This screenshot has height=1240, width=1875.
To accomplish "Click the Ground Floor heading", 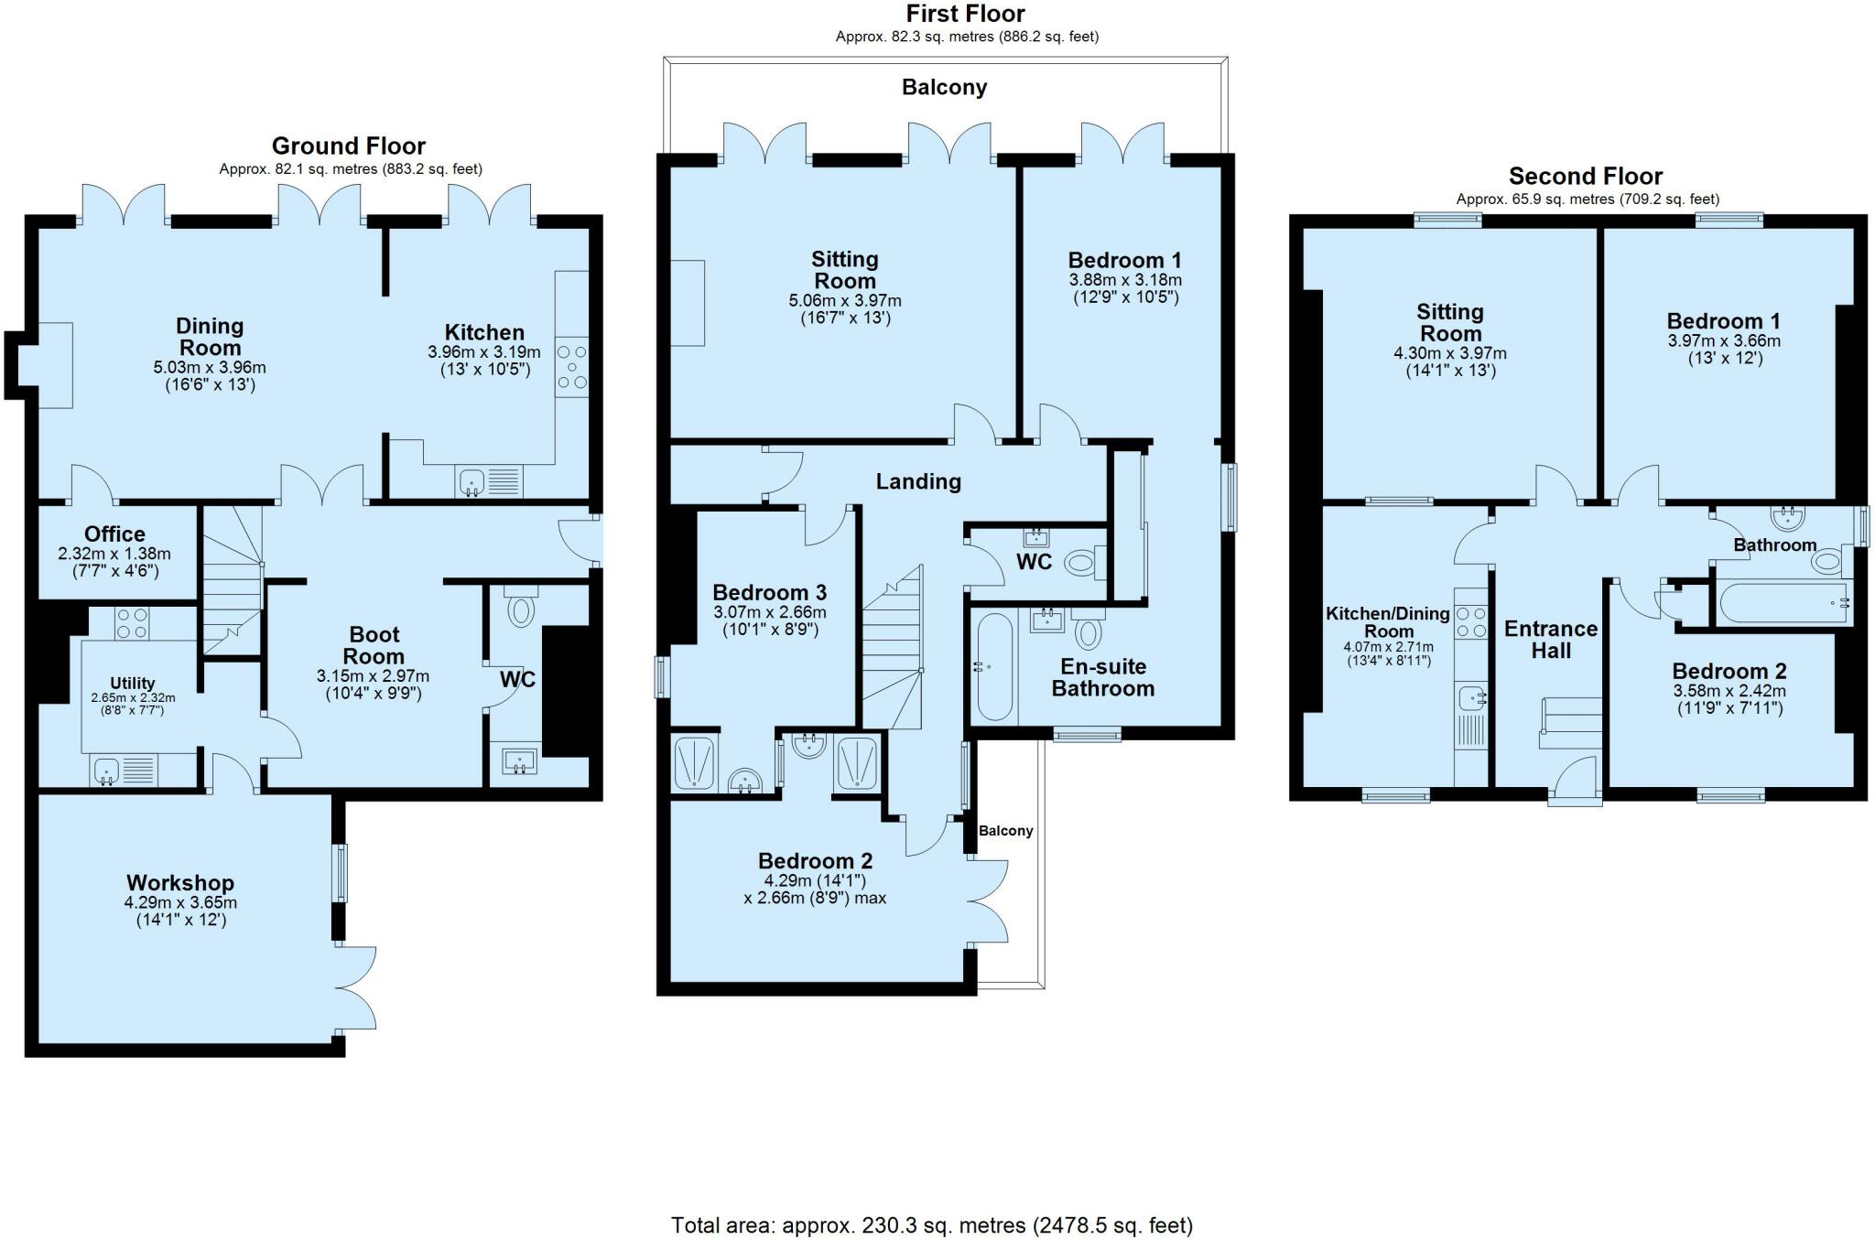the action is point(349,146).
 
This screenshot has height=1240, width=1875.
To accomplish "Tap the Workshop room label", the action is point(180,883).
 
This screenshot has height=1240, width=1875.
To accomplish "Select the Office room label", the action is point(114,534).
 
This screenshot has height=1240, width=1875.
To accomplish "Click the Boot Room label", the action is point(374,645).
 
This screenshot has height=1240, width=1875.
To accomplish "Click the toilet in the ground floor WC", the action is point(520,608).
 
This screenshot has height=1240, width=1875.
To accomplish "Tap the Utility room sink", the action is point(106,771).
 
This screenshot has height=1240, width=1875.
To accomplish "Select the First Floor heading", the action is point(966,14).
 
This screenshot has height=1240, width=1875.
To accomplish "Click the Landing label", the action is point(918,482).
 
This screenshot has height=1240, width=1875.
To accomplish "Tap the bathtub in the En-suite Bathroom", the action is point(994,667).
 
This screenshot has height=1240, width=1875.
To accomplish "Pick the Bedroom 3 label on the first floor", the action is point(770,593).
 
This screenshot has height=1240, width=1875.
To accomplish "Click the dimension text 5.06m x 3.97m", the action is point(845,301).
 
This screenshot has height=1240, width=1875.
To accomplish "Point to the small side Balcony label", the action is point(1006,831).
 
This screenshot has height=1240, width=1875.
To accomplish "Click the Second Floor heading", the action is point(1586,177).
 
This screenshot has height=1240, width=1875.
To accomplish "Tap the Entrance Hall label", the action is point(1551,640).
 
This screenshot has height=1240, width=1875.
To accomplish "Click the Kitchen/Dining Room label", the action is point(1388,622).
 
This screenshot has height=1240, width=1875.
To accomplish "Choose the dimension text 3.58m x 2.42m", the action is point(1729,691).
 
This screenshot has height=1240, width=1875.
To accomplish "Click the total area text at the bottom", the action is point(932,1225).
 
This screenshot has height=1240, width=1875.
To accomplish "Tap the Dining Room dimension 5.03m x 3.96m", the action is point(210,368).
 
